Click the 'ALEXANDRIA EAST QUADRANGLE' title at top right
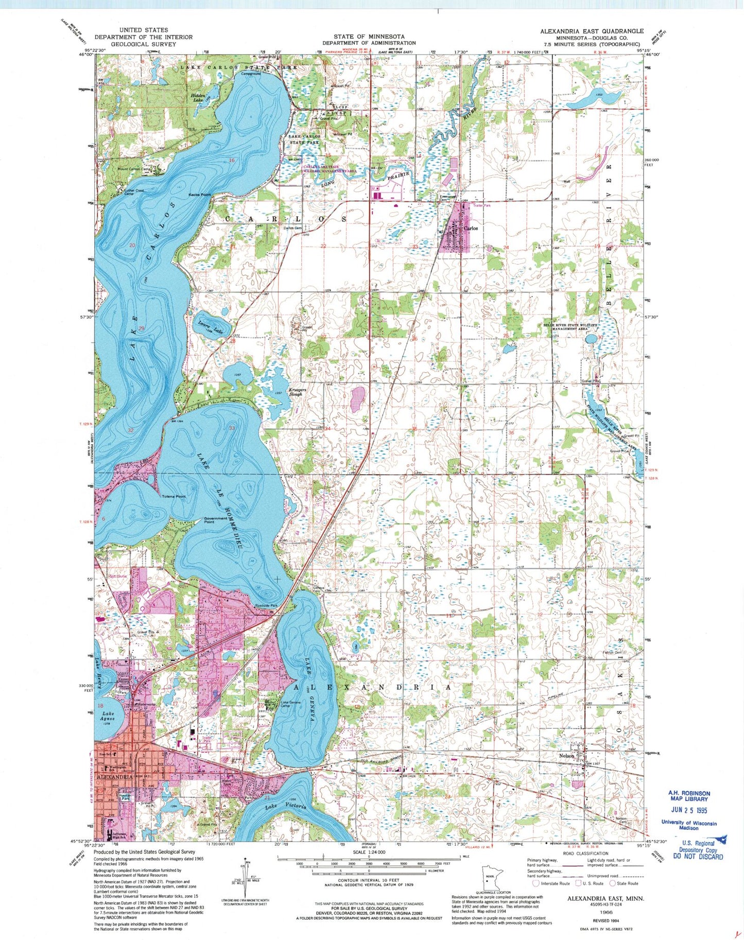pyautogui.click(x=592, y=31)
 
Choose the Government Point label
pyautogui.click(x=215, y=520)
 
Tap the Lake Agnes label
pyautogui.click(x=108, y=716)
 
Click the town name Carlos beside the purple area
pyautogui.click(x=471, y=228)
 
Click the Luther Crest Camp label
pyautogui.click(x=134, y=192)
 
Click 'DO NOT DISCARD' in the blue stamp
pyautogui.click(x=698, y=857)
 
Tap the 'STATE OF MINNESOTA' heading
pyautogui.click(x=369, y=37)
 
